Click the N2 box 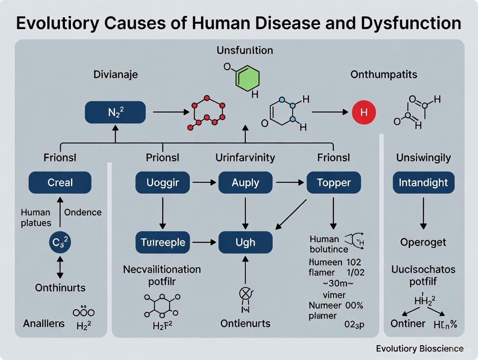tap(115, 112)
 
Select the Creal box tap(60, 183)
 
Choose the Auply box tap(245, 183)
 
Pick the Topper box tap(334, 183)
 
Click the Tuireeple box tap(163, 242)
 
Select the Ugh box tap(245, 242)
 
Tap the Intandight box tap(423, 183)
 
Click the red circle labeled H tap(364, 112)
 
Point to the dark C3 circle tap(60, 242)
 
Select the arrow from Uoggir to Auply tap(203, 183)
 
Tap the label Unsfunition tap(245, 50)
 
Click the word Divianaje tap(116, 74)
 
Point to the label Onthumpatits tap(384, 74)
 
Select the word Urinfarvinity tap(245, 157)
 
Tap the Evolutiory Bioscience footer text tap(420, 349)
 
